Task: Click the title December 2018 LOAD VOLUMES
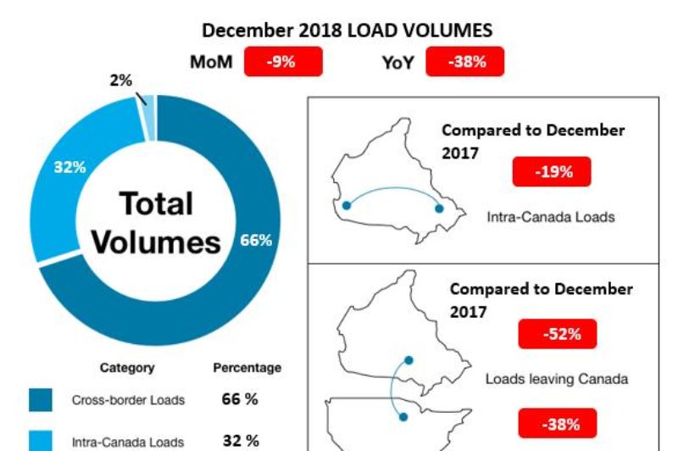pos(347,31)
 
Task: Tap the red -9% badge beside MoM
pos(282,62)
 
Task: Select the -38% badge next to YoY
pos(464,62)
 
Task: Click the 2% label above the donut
pos(121,81)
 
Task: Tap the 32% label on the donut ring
pos(69,167)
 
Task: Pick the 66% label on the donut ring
pos(255,240)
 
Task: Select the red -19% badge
pos(551,172)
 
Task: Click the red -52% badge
pos(557,334)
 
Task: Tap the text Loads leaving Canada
pos(556,379)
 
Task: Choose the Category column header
pos(127,368)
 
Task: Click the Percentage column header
pos(247,368)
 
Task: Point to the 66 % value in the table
pos(240,399)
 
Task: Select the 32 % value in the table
pos(240,440)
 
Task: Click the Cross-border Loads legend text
pos(127,400)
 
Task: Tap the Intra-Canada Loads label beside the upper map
pos(551,216)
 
